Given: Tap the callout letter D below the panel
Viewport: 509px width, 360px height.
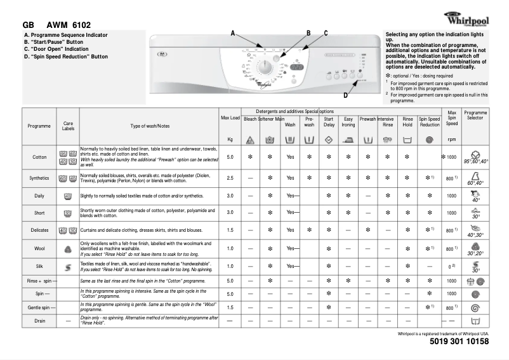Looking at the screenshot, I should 345,95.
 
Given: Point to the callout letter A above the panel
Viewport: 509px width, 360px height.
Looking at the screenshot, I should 232,32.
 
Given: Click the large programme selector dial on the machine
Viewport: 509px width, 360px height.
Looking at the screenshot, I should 267,67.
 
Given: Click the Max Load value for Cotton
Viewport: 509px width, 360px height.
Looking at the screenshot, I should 230,156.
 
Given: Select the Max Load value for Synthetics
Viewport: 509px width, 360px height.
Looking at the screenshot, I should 230,178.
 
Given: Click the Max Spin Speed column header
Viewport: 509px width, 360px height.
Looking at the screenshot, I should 451,118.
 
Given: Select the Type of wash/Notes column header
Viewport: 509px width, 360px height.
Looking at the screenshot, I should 150,126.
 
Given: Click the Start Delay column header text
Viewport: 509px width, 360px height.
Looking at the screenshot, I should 329,122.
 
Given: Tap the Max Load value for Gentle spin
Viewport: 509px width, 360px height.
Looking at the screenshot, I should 230,307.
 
